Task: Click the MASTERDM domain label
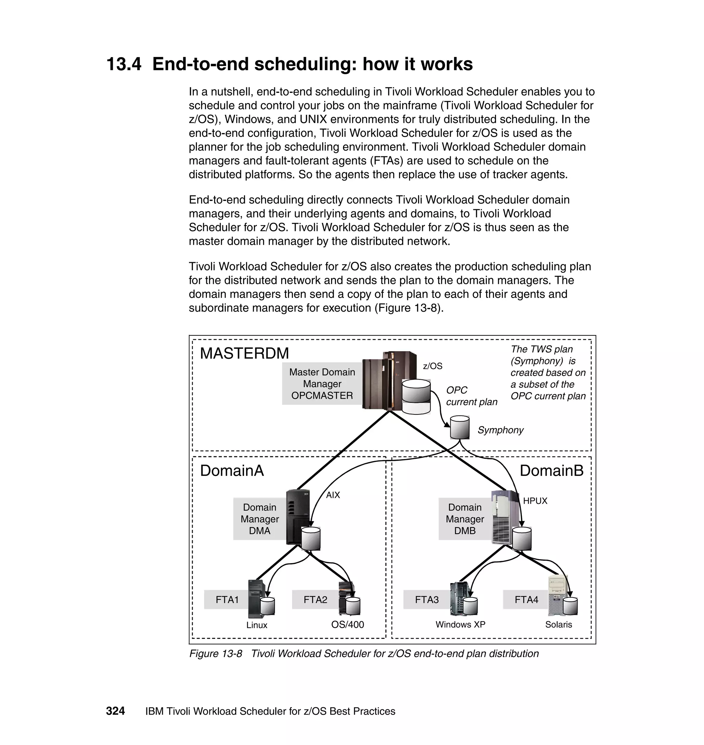[244, 353]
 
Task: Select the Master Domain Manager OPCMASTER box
[322, 384]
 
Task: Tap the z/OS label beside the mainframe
[432, 366]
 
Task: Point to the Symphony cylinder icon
[460, 427]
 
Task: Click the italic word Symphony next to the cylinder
[500, 430]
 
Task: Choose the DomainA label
[232, 470]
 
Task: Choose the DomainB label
[551, 470]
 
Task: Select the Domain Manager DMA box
[259, 519]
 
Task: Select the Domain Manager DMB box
[465, 519]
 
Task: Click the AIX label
[333, 495]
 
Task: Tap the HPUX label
[535, 501]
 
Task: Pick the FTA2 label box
[315, 599]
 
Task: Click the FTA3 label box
[427, 599]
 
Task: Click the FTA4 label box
[526, 599]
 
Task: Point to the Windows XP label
[460, 625]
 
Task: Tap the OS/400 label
[348, 625]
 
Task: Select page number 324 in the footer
[115, 711]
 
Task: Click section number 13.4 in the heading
[124, 64]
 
